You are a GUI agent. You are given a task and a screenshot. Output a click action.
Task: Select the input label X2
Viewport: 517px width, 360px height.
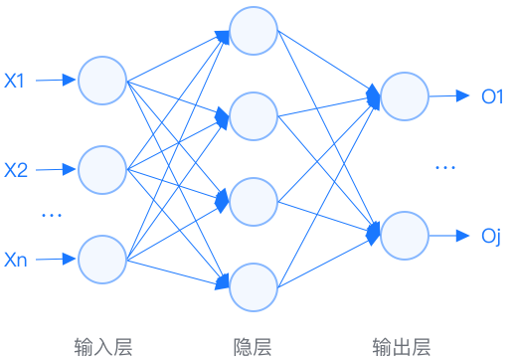coord(15,170)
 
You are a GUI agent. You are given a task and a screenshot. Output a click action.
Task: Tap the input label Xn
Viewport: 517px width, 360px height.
coord(15,260)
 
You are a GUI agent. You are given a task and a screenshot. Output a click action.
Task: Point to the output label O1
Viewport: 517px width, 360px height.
coord(493,96)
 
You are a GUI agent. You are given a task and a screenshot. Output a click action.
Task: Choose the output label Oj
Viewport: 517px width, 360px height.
coord(490,237)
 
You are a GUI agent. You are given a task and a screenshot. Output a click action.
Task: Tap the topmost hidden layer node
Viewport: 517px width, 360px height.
coord(254,35)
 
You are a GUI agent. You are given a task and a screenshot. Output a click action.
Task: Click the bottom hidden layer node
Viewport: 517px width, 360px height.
coord(254,286)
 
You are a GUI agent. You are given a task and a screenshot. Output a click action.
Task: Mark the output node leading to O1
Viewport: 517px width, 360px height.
coord(405,96)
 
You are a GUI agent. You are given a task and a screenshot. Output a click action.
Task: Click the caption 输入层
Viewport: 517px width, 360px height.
coord(102,346)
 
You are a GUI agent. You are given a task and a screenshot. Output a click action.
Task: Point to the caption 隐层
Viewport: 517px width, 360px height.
coord(253,346)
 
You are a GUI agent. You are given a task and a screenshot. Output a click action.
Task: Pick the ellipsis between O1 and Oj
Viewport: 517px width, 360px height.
coord(444,167)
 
